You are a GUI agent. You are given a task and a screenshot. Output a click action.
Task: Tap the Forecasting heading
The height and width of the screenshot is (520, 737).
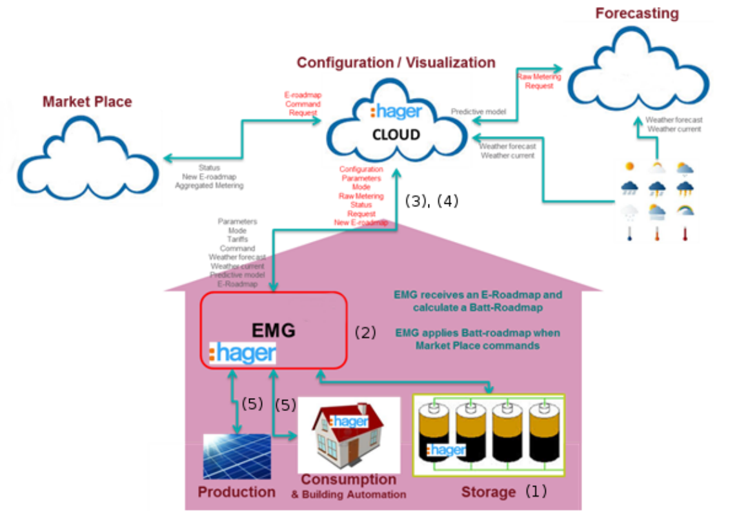tap(636, 13)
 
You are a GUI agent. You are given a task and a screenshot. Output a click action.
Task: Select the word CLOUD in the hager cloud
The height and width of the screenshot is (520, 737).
tap(396, 135)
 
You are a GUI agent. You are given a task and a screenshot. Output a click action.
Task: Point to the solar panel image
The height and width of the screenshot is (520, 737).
tap(237, 455)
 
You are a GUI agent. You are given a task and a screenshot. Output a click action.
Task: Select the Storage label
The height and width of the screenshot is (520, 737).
tap(488, 492)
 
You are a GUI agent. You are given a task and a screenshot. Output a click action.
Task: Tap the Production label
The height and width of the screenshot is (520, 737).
tap(236, 492)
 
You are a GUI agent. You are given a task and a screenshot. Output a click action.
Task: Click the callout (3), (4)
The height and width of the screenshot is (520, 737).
tap(431, 201)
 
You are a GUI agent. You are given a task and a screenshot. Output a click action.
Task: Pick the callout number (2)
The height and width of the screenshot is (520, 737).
tap(365, 332)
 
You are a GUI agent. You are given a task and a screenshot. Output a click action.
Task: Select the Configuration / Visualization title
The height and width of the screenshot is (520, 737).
tap(396, 63)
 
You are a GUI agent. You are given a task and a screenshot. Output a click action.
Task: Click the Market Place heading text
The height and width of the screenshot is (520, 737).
tap(87, 101)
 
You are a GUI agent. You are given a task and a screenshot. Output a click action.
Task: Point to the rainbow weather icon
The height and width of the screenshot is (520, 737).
tap(685, 210)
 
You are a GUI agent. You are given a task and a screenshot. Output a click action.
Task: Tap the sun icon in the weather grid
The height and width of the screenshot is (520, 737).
tap(629, 167)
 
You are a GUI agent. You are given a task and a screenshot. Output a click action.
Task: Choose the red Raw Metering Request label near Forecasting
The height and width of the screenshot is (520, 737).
tap(539, 81)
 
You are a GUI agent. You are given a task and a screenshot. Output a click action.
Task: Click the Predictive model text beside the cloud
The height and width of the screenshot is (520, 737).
tap(478, 112)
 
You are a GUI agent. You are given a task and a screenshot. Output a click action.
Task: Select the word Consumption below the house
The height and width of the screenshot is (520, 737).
tap(349, 479)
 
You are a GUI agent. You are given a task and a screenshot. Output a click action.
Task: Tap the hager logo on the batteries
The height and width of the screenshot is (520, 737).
tap(446, 450)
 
